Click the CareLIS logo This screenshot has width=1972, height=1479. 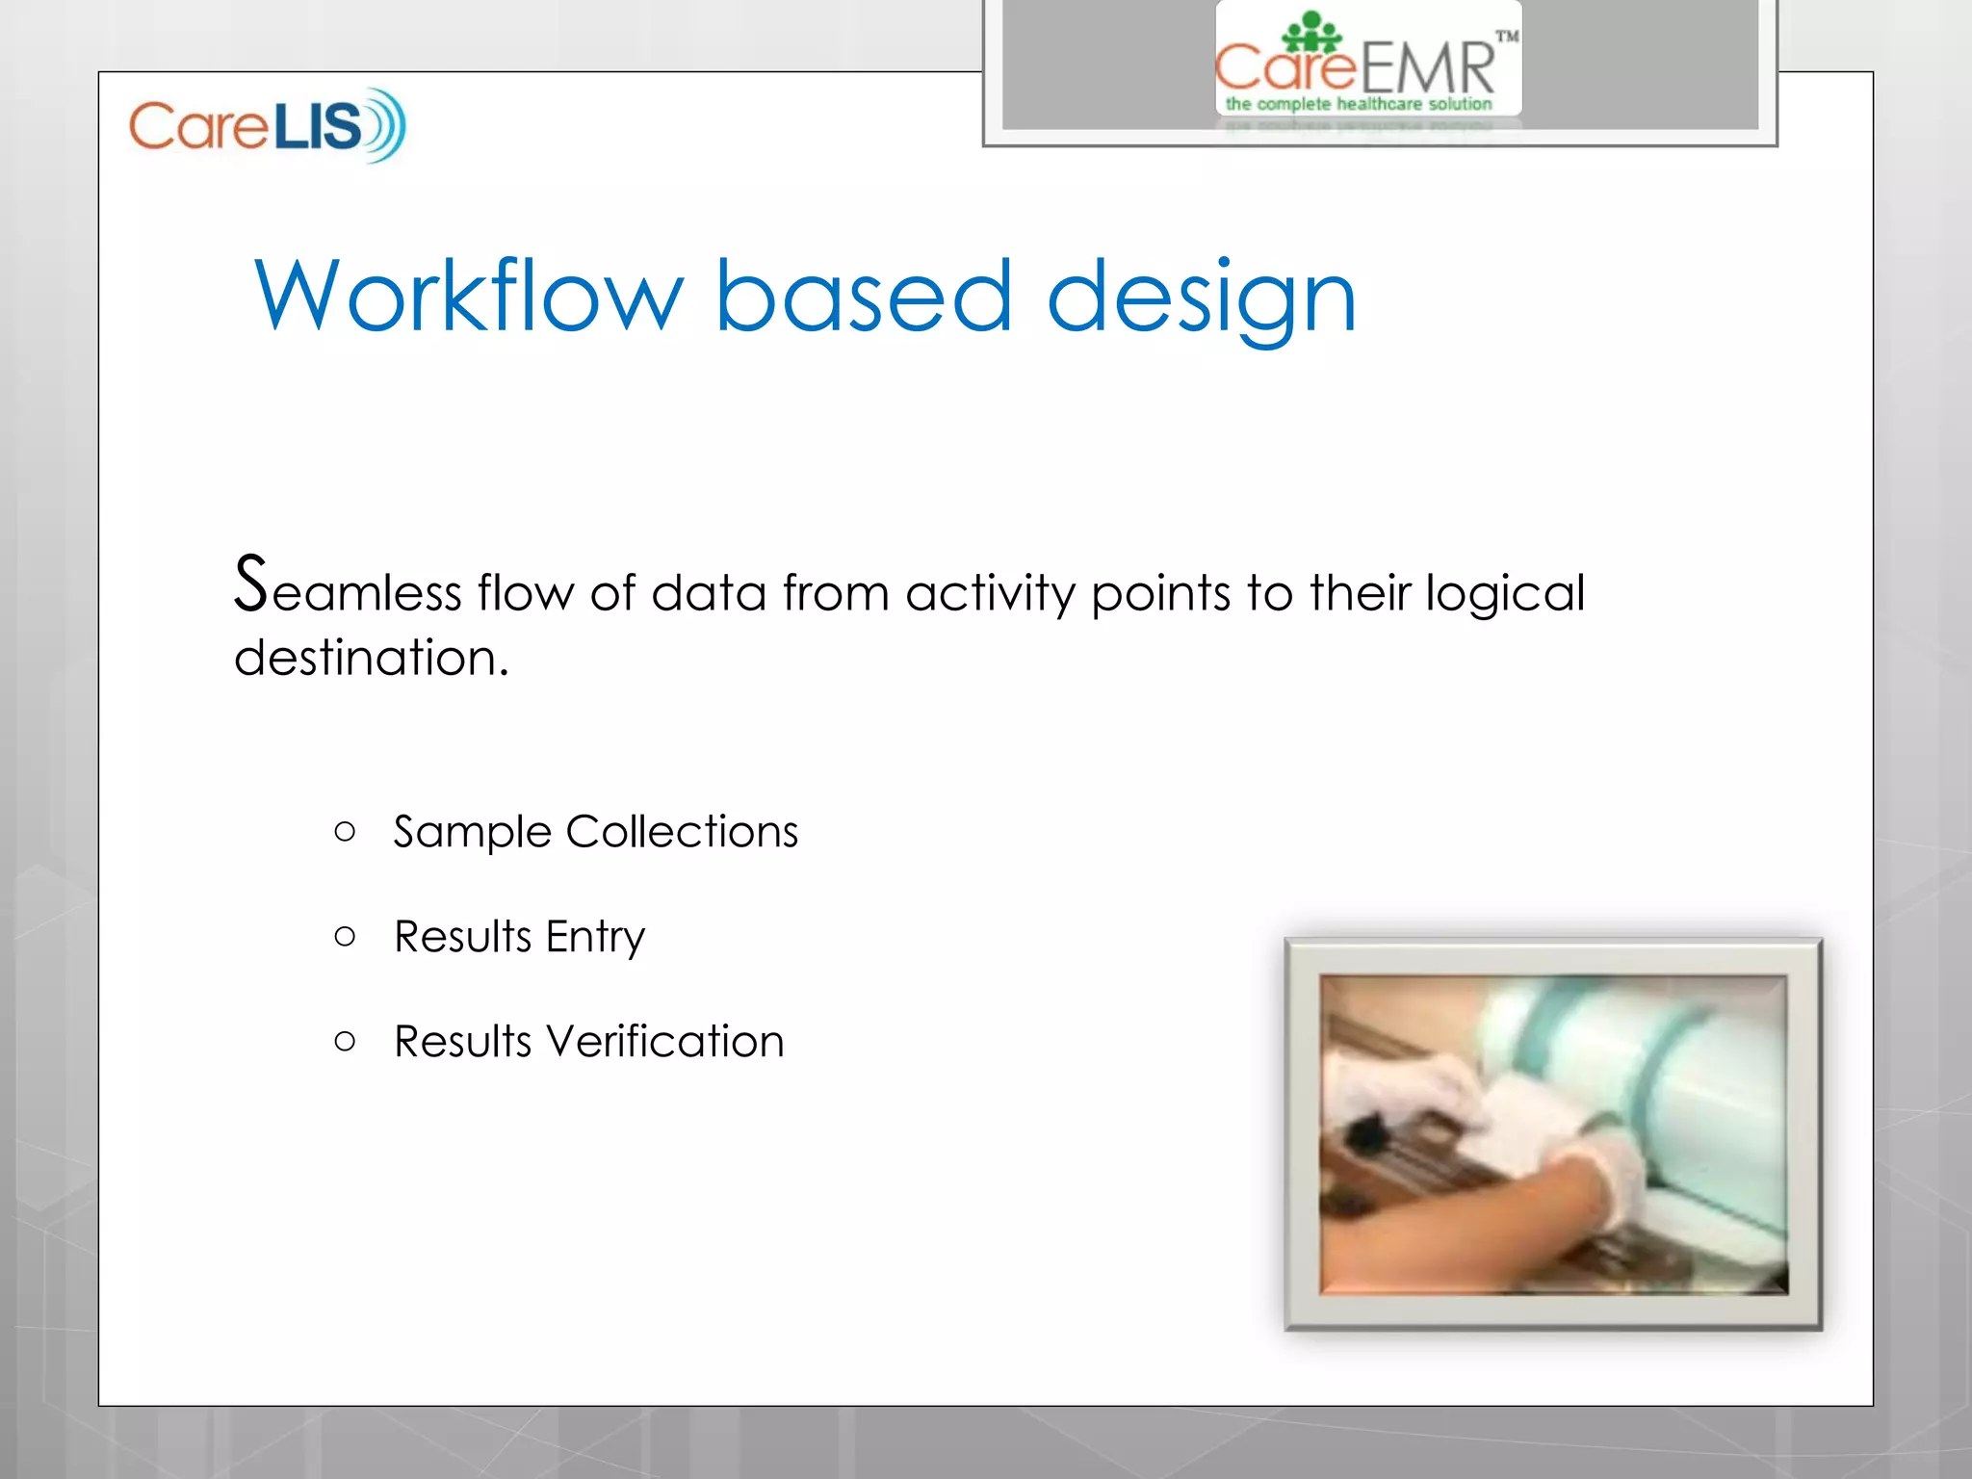pos(267,125)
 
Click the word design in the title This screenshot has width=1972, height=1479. pos(1201,298)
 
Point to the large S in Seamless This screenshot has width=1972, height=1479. pos(250,584)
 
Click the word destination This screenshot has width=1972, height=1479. pos(371,658)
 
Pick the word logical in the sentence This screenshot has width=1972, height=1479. pos(1504,593)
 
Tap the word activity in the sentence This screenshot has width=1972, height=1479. pos(989,593)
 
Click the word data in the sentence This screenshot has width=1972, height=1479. pos(709,592)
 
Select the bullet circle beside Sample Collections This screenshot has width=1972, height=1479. pos(345,831)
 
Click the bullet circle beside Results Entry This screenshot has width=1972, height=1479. pos(345,936)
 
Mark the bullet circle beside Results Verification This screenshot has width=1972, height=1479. pos(345,1041)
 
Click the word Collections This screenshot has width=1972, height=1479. pos(682,831)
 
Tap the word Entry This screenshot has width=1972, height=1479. pos(595,937)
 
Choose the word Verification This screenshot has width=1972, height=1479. pos(664,1041)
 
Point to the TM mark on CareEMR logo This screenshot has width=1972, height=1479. pos(1507,37)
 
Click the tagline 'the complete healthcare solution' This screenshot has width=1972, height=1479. pos(1358,103)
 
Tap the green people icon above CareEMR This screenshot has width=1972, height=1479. pos(1311,32)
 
